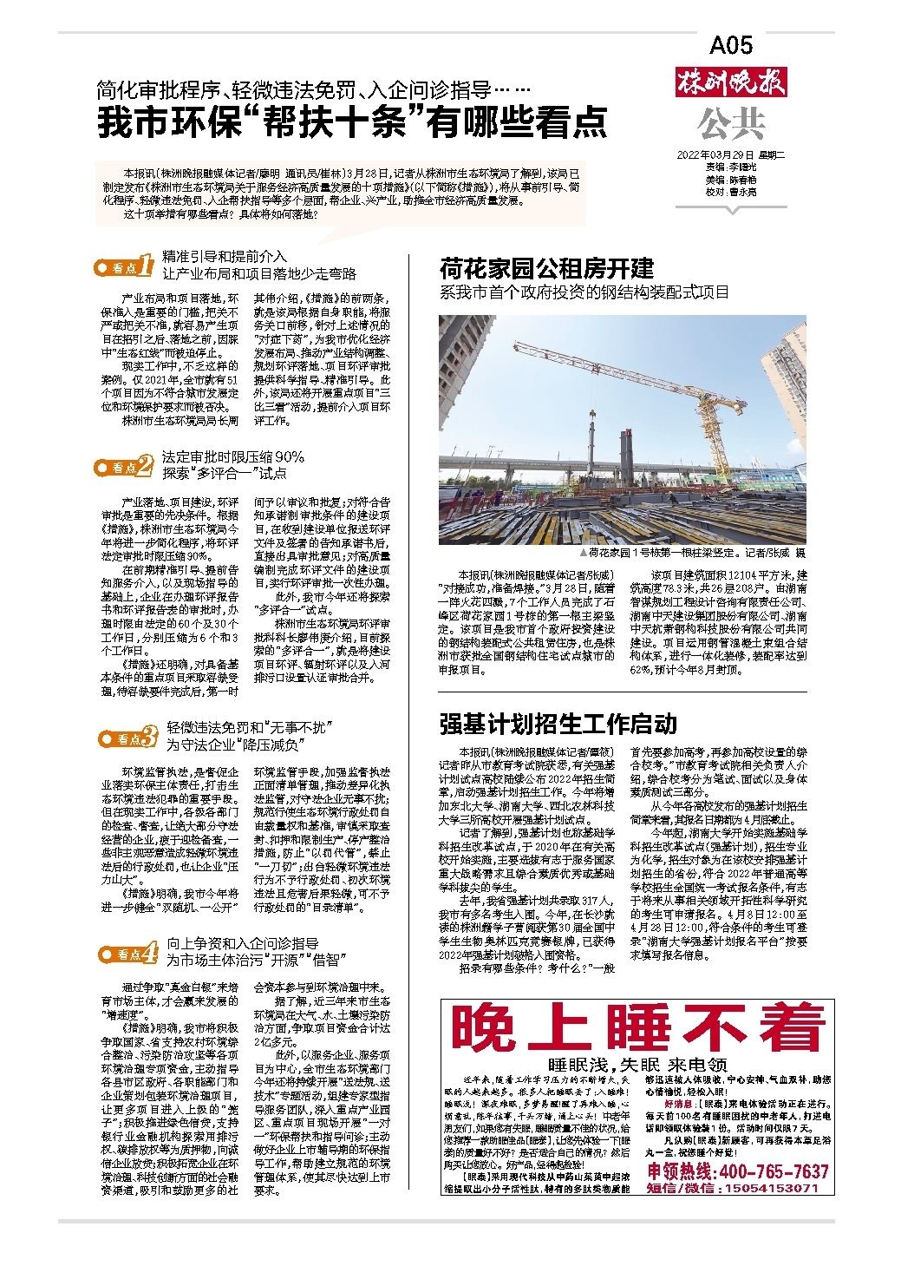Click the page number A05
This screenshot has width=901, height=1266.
coord(731,45)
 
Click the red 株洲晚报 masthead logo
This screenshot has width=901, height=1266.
coord(731,84)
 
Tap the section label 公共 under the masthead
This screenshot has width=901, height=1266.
coord(732,124)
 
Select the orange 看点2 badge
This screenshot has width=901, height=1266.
coord(127,466)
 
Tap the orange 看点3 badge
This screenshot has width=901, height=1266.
coord(127,737)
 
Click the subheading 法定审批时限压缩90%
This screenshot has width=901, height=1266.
coord(233,457)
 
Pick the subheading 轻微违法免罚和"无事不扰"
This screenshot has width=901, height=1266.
coord(251,727)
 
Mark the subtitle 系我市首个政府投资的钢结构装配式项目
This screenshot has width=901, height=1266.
coord(585,292)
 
